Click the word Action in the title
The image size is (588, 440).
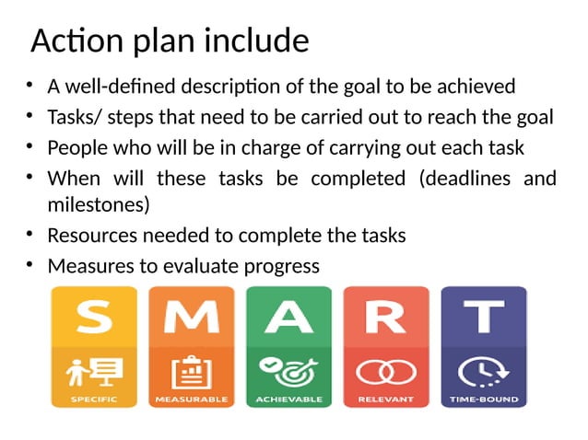click(x=73, y=41)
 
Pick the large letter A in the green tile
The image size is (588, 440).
click(x=288, y=318)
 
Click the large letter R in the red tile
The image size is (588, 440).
click(x=385, y=318)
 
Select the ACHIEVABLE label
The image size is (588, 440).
click(x=288, y=400)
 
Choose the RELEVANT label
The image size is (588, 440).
click(x=385, y=400)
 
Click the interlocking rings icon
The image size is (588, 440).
click(x=385, y=372)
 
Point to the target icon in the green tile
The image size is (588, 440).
click(x=288, y=371)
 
